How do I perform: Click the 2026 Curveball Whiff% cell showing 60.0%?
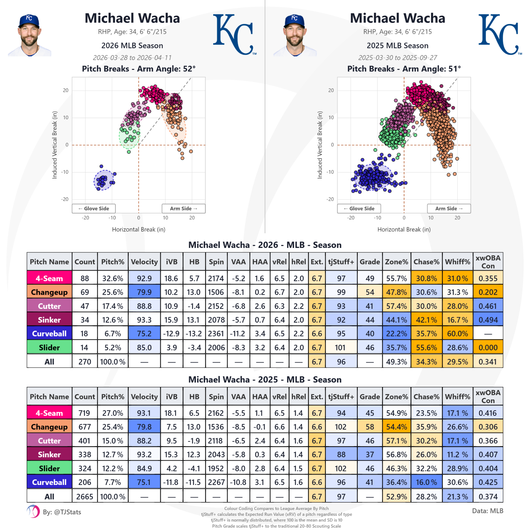point(457,334)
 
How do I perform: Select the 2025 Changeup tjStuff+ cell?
point(341,427)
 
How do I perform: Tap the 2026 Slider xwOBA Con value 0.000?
point(488,347)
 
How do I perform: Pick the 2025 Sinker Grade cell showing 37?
point(370,455)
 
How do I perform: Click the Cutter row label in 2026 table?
point(49,306)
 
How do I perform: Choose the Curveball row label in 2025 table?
point(49,482)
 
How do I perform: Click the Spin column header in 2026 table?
point(216,262)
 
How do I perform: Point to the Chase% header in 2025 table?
point(426,397)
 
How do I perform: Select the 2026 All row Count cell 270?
point(85,362)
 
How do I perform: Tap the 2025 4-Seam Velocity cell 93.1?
point(144,413)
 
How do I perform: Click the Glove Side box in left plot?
point(94,208)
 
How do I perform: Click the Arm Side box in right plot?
point(449,208)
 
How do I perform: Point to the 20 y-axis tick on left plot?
point(65,90)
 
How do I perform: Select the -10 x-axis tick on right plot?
point(377,218)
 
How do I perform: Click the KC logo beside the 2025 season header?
point(500,34)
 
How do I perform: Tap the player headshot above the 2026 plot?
point(29,35)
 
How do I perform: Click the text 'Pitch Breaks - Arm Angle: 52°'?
point(138,69)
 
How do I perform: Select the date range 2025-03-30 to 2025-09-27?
point(397,57)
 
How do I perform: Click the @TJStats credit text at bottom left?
point(62,512)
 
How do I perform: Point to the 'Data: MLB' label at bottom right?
point(487,511)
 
